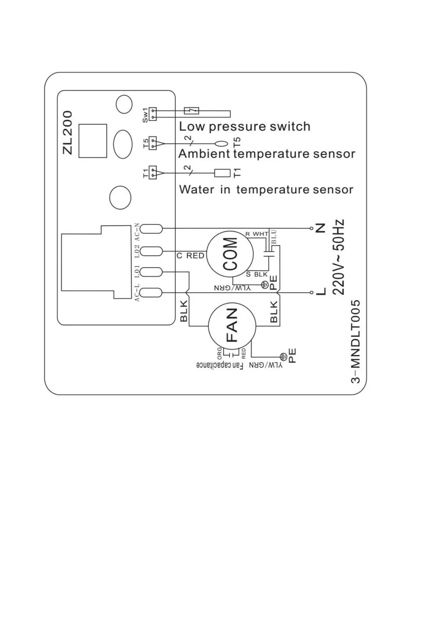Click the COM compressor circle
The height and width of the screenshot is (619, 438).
click(x=229, y=254)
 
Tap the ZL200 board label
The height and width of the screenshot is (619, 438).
click(x=68, y=133)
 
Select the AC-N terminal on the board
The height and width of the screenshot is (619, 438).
click(x=151, y=229)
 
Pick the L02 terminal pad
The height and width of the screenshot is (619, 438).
click(x=151, y=251)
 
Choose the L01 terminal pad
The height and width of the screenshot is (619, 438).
click(x=151, y=272)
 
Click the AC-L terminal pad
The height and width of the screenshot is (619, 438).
click(x=151, y=293)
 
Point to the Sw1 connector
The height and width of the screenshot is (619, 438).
click(x=153, y=114)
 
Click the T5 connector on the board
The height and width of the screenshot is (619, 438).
click(x=153, y=143)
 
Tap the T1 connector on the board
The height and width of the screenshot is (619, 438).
click(x=153, y=172)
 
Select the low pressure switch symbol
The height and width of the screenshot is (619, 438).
click(x=191, y=110)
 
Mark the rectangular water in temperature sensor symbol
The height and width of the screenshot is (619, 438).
click(x=222, y=172)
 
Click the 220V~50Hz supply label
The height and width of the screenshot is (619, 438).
click(x=339, y=257)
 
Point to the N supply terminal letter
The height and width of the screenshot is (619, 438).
click(x=321, y=228)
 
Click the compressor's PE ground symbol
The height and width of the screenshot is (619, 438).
click(x=264, y=284)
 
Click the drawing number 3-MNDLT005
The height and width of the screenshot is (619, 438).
click(x=356, y=342)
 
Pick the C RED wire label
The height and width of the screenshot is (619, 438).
click(x=190, y=256)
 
